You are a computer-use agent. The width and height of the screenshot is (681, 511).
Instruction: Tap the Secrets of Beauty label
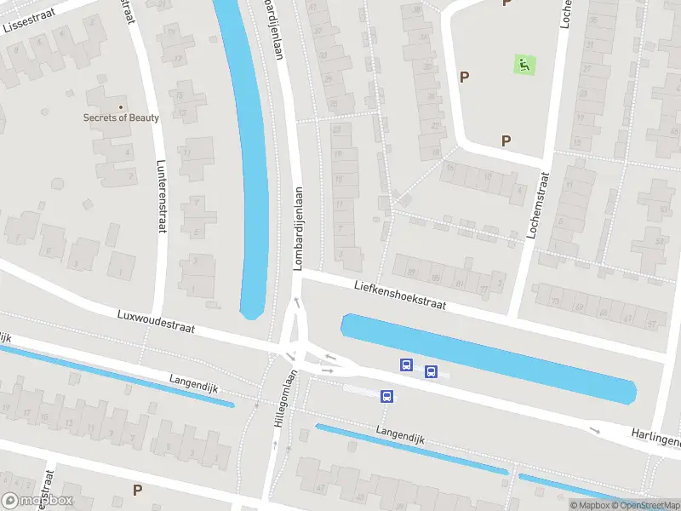[x=121, y=118]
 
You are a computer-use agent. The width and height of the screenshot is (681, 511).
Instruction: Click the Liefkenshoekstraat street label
[x=399, y=296]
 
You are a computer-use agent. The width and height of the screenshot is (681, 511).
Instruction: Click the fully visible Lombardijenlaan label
[x=298, y=229]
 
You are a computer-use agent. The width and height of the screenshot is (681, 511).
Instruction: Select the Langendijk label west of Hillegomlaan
[x=193, y=382]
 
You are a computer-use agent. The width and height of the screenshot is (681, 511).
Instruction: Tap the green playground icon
[x=524, y=63]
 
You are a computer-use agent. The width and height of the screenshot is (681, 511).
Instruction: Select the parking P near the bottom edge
[x=137, y=490]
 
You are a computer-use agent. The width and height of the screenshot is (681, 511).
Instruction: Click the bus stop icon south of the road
[x=386, y=396]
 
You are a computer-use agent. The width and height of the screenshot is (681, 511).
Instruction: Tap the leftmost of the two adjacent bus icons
[x=407, y=365]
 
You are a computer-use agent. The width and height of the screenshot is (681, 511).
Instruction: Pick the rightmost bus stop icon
[x=431, y=371]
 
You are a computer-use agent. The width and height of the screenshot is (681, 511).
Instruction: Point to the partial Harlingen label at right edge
[x=655, y=439]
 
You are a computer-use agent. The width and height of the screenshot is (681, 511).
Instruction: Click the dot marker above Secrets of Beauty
[x=121, y=107]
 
